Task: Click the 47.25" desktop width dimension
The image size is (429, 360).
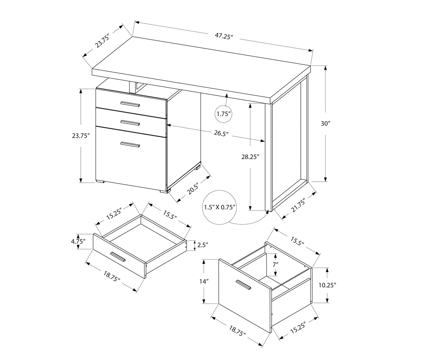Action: (x=224, y=37)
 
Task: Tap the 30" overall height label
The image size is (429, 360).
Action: (x=325, y=123)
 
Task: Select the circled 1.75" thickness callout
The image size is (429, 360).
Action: (x=224, y=114)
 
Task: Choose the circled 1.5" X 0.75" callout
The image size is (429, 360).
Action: (x=220, y=207)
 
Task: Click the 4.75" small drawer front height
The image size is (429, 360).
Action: (x=78, y=241)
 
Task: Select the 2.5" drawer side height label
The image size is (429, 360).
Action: (x=201, y=245)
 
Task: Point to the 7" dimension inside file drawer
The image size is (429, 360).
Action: (x=275, y=264)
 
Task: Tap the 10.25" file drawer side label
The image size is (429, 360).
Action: (x=327, y=285)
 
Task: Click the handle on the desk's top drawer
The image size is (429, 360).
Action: (x=130, y=104)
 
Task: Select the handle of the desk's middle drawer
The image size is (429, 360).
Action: (x=130, y=123)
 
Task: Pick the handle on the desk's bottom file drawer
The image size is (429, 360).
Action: (x=130, y=144)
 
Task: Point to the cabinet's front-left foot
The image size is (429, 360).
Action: (x=100, y=182)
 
